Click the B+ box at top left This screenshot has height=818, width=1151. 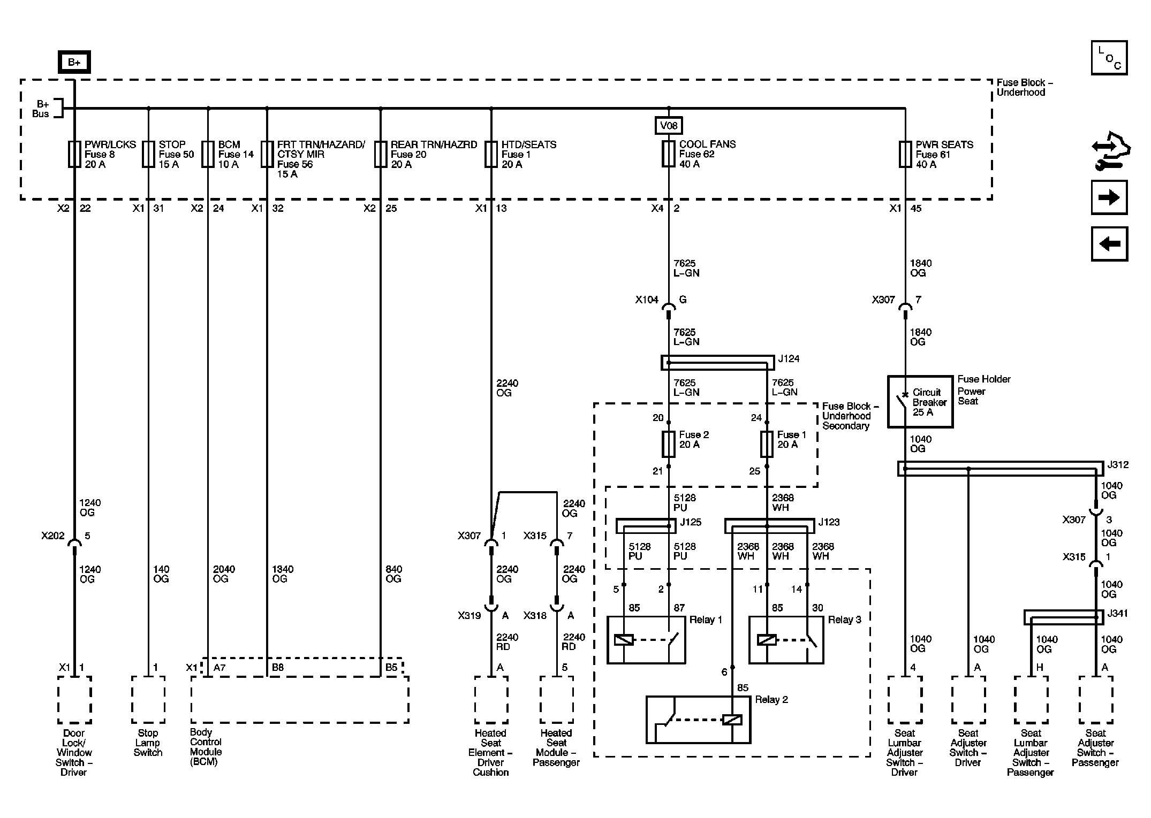click(x=74, y=62)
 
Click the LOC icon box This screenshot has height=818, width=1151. click(x=1109, y=58)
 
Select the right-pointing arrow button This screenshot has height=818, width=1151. click(x=1109, y=197)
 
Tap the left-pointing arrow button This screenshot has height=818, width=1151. click(x=1109, y=244)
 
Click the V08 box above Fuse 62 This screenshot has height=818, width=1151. click(x=669, y=126)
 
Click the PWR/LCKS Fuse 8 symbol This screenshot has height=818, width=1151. click(x=74, y=154)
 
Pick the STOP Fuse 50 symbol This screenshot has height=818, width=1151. click(x=148, y=154)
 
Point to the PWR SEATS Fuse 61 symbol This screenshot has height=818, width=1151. click(x=905, y=154)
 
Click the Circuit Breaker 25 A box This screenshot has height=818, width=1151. click(x=920, y=402)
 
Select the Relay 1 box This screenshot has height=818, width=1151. click(x=646, y=640)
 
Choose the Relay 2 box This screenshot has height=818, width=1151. click(x=698, y=720)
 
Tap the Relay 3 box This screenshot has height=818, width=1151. click(x=786, y=640)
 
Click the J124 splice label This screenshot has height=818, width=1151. click(x=789, y=358)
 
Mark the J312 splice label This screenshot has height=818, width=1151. click(x=1117, y=464)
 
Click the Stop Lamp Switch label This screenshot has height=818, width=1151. click(x=148, y=743)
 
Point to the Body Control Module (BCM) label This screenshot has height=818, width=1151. click(x=206, y=747)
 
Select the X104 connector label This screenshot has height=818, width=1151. click(x=646, y=300)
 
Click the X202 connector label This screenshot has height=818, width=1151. click(x=52, y=536)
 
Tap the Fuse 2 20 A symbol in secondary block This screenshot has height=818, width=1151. click(x=669, y=444)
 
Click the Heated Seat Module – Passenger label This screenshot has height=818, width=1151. click(x=556, y=747)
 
